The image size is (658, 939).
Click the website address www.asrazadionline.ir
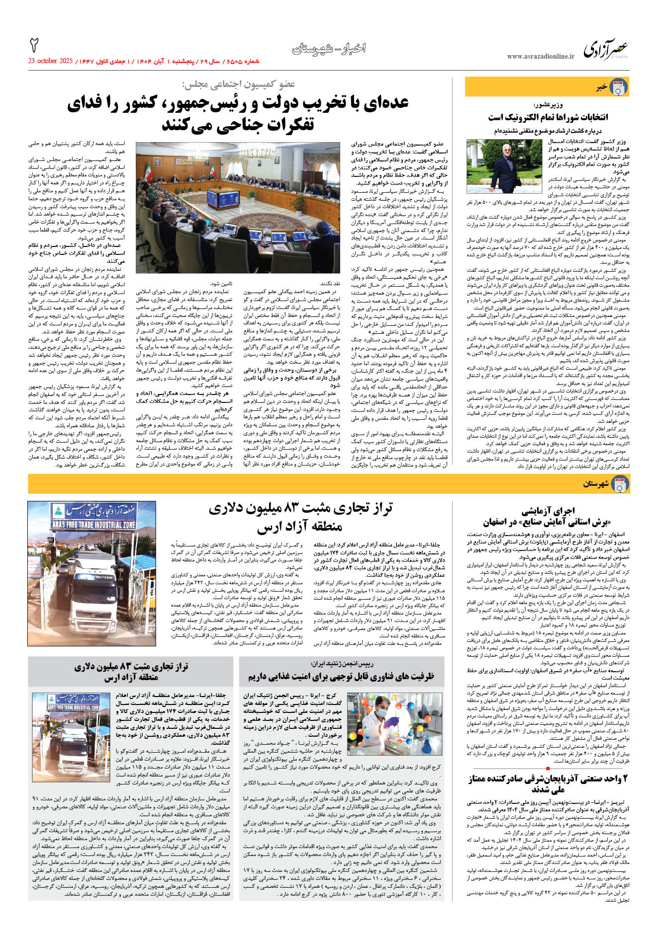pyautogui.click(x=540, y=57)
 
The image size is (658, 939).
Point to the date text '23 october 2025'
pyautogui.click(x=50, y=61)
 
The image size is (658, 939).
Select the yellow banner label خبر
pyautogui.click(x=602, y=87)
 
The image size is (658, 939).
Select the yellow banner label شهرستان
pyautogui.click(x=596, y=484)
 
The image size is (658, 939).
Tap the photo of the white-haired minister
pyautogui.click(x=504, y=166)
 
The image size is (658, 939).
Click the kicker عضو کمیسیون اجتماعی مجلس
pyautogui.click(x=238, y=84)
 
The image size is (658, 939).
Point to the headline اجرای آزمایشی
pyautogui.click(x=548, y=510)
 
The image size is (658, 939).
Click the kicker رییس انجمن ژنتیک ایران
pyautogui.click(x=342, y=664)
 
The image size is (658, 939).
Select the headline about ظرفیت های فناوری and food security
pyautogui.click(x=341, y=676)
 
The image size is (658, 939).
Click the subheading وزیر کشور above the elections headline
pyautogui.click(x=548, y=105)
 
